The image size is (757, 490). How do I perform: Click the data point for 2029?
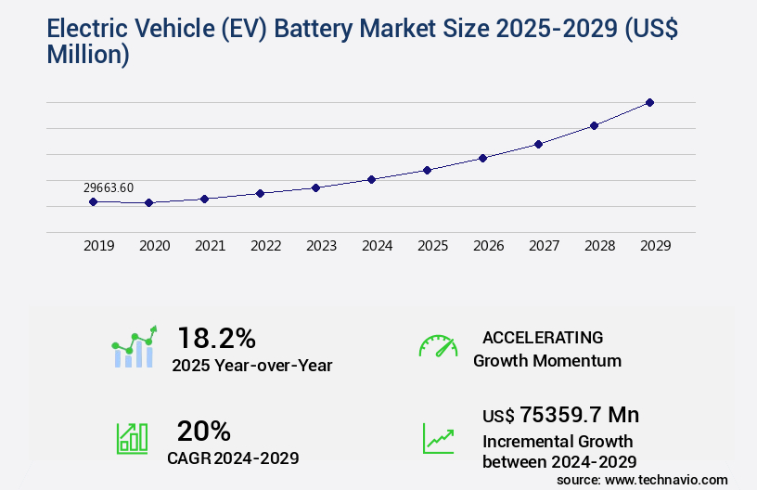649,102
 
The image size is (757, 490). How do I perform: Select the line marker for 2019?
93,201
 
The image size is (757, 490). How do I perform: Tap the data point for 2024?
371,179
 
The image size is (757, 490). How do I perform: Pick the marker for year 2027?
538,144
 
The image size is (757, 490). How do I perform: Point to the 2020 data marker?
148,202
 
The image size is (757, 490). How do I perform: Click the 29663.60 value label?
109,187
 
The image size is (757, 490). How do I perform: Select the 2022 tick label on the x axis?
265,246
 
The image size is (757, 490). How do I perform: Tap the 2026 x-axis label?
488,246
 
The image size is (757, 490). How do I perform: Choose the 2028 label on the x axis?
599,246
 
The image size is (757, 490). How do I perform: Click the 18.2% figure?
216,338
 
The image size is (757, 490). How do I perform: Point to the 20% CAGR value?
203,431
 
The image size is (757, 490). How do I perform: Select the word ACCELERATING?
543,337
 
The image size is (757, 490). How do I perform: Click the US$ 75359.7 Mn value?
560,414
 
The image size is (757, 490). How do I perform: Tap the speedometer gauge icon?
438,346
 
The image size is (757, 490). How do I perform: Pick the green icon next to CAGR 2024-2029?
132,438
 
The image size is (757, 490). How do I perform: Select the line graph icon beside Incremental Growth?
438,438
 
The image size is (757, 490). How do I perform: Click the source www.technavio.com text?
642,479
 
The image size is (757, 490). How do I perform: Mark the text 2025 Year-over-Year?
251,366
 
